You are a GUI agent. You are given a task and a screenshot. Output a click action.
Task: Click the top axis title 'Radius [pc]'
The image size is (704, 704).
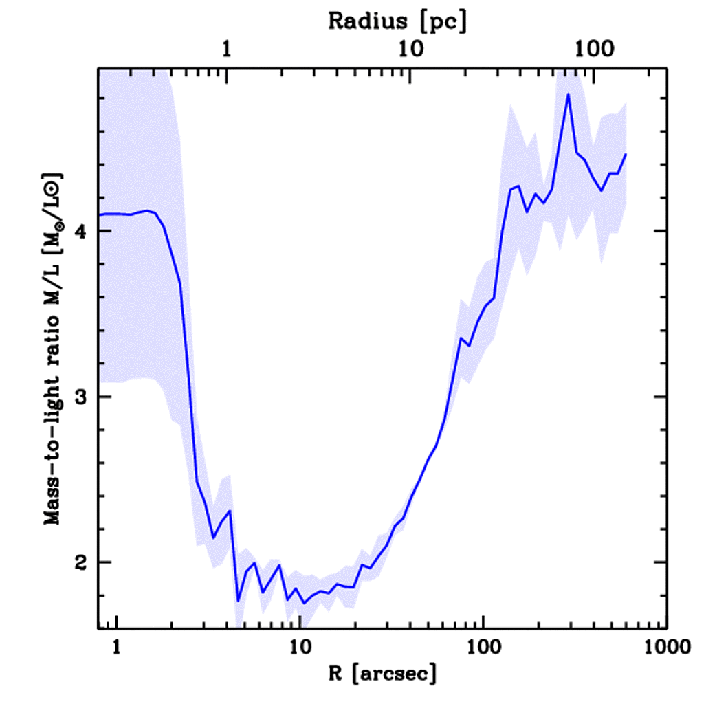(397, 21)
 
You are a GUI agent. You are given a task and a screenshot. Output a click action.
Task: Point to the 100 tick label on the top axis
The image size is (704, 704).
(595, 49)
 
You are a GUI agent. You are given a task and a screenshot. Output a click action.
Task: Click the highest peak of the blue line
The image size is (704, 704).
(568, 94)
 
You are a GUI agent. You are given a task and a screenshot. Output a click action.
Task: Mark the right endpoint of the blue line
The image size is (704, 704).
(626, 155)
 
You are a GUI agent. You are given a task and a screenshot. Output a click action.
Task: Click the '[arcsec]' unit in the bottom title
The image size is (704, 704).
(398, 674)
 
